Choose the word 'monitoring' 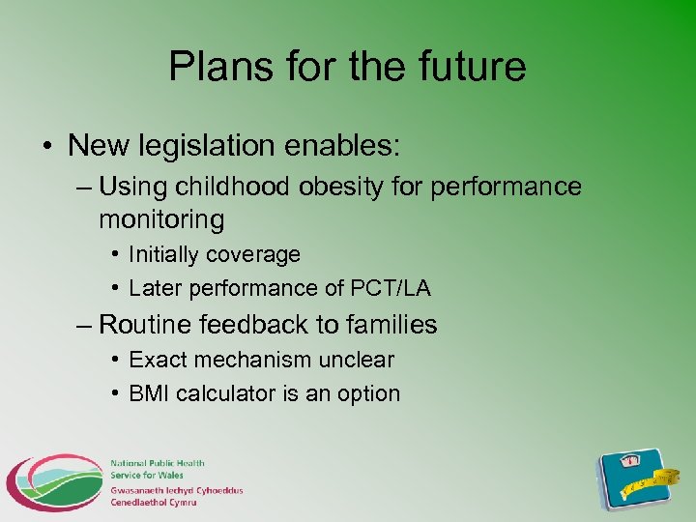(161, 219)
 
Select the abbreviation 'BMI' (149, 393)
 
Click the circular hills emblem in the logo (54, 483)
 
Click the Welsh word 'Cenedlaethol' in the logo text (142, 503)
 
